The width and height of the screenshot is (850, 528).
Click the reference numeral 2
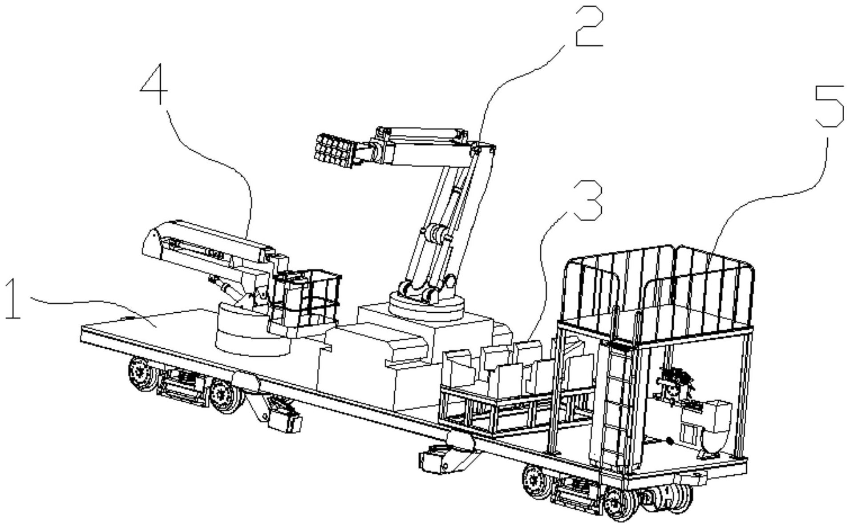coord(589,27)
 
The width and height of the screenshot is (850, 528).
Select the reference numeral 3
coord(587,202)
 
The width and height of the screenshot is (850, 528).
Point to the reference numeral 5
coord(829,106)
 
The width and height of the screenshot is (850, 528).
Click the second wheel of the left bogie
coord(226,395)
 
